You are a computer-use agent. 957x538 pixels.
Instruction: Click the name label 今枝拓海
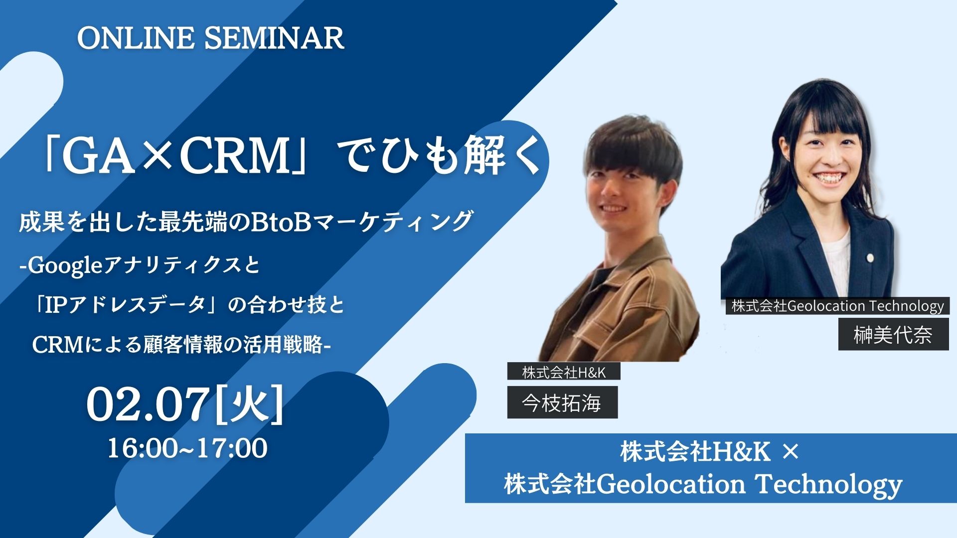click(x=562, y=403)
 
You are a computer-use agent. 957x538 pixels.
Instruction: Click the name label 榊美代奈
click(x=893, y=335)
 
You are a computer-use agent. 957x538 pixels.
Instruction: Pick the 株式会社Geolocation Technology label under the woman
click(x=837, y=305)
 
